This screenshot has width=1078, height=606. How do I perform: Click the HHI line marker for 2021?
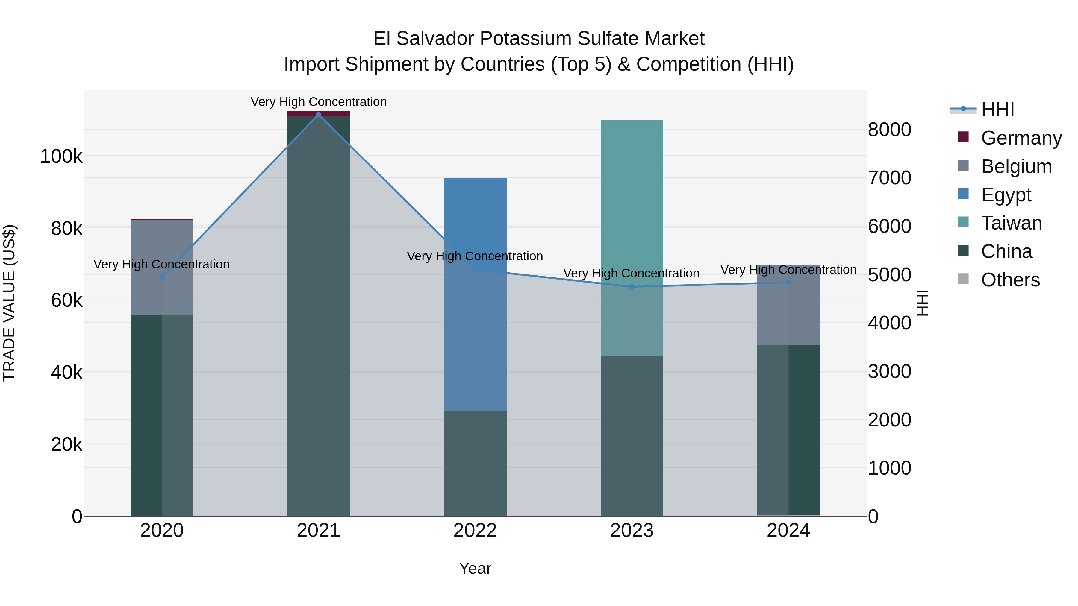[319, 115]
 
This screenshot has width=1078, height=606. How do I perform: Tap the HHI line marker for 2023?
[632, 287]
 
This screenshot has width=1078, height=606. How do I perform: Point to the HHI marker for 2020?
[162, 277]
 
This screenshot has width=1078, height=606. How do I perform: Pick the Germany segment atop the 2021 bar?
[319, 114]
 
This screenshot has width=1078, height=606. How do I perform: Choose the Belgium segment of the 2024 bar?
[788, 305]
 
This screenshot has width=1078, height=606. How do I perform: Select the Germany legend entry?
[1021, 138]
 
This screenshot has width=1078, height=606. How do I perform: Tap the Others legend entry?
[1010, 280]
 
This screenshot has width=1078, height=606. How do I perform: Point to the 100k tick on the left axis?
[61, 157]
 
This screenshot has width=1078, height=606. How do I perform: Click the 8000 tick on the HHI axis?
[889, 130]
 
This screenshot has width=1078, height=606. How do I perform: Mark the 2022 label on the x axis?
[475, 531]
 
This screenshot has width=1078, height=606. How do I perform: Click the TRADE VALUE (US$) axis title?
[9, 303]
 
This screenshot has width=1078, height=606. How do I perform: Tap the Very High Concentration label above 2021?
[319, 102]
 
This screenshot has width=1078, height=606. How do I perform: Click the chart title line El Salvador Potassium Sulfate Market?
[539, 39]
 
